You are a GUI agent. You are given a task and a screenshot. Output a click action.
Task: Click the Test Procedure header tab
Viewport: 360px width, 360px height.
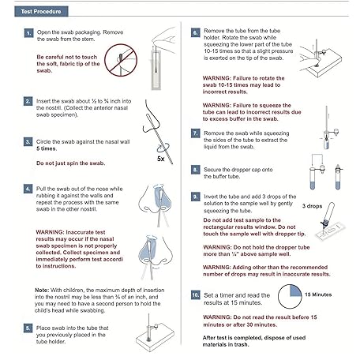[x=41, y=11]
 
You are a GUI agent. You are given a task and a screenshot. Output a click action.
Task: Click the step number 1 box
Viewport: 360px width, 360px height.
[x=28, y=33]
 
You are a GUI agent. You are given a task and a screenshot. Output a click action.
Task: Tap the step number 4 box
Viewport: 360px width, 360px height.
[x=28, y=189]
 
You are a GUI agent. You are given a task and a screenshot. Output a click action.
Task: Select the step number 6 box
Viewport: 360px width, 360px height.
[x=195, y=32]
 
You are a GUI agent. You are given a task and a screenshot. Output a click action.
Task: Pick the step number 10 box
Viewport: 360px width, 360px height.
[x=195, y=295]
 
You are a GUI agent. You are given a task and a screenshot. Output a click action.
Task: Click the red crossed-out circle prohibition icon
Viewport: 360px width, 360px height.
[x=121, y=60]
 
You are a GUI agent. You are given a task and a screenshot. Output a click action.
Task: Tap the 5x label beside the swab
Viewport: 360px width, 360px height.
[x=161, y=159]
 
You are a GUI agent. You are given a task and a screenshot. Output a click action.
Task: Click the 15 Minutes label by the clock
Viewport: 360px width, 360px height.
[x=318, y=294]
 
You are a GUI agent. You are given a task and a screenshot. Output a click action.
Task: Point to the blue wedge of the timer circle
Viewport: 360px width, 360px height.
[x=295, y=291]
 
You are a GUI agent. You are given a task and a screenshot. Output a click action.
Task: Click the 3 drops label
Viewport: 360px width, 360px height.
[x=312, y=206]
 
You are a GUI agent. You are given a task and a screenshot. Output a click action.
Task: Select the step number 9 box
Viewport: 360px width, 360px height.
[x=195, y=197]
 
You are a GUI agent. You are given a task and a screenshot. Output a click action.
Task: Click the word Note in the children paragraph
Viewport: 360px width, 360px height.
[x=42, y=290]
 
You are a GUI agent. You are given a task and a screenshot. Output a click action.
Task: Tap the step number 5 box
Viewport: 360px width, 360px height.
[x=28, y=328]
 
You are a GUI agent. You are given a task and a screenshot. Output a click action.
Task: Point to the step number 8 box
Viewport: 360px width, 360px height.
[x=195, y=170]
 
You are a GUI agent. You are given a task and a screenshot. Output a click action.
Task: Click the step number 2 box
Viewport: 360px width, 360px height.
[x=28, y=101]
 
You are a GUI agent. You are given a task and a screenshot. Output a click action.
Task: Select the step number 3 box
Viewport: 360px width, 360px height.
[x=28, y=141]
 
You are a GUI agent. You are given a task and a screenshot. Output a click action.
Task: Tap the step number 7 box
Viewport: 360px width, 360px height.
[x=195, y=133]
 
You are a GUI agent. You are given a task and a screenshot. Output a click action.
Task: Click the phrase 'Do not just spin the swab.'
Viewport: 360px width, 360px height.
[x=70, y=163]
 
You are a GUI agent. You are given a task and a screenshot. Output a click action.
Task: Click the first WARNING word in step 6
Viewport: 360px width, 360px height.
[x=217, y=78]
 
